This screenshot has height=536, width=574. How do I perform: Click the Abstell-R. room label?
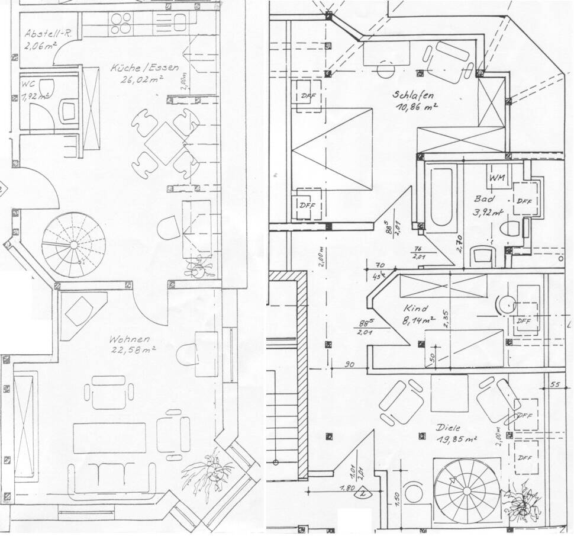(x=48, y=34)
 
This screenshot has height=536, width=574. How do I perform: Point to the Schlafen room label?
(x=413, y=95)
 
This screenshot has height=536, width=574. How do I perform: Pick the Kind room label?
(x=415, y=309)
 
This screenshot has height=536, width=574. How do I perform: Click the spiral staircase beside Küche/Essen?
(x=73, y=245)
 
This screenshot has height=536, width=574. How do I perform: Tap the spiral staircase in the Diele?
(x=466, y=489)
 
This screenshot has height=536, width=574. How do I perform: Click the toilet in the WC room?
(x=69, y=110)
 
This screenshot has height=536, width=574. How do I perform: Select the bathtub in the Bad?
(x=443, y=198)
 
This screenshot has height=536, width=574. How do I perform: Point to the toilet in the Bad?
(x=510, y=227)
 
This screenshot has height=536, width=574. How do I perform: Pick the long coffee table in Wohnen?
(x=109, y=438)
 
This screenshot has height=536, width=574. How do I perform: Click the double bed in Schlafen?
(x=332, y=149)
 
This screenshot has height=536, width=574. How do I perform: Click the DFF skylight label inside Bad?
(x=524, y=201)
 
